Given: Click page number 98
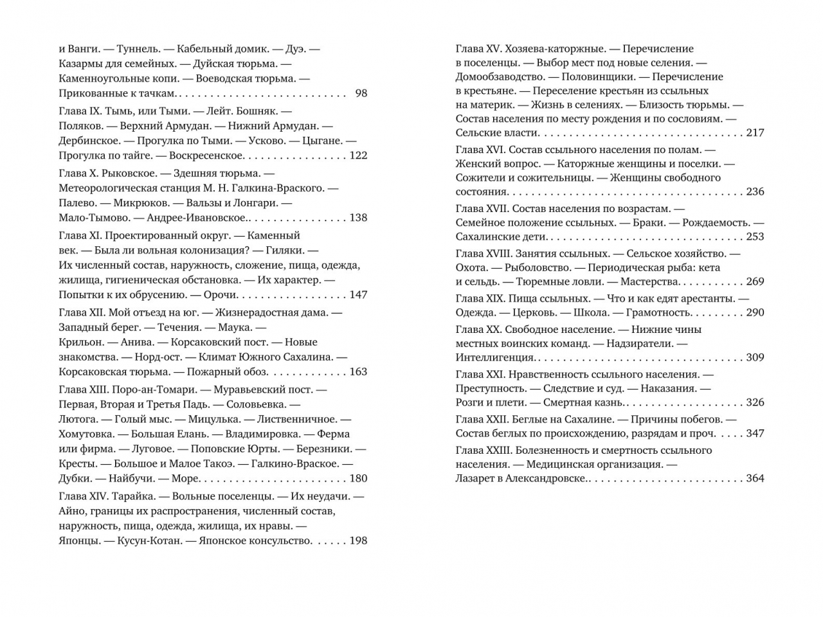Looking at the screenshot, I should tap(361, 93).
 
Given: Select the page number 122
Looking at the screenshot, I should tap(358, 156).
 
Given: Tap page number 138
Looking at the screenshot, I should tap(358, 217).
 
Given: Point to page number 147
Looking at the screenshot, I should tap(358, 294).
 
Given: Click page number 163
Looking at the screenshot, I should tap(358, 371).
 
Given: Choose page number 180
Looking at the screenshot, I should tap(358, 478).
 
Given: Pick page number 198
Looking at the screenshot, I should tap(358, 541).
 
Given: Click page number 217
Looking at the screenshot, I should tap(755, 132).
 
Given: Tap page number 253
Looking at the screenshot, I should tap(755, 236).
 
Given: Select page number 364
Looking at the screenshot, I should tap(755, 478).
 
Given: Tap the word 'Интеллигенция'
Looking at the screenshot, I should tap(495, 357).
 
